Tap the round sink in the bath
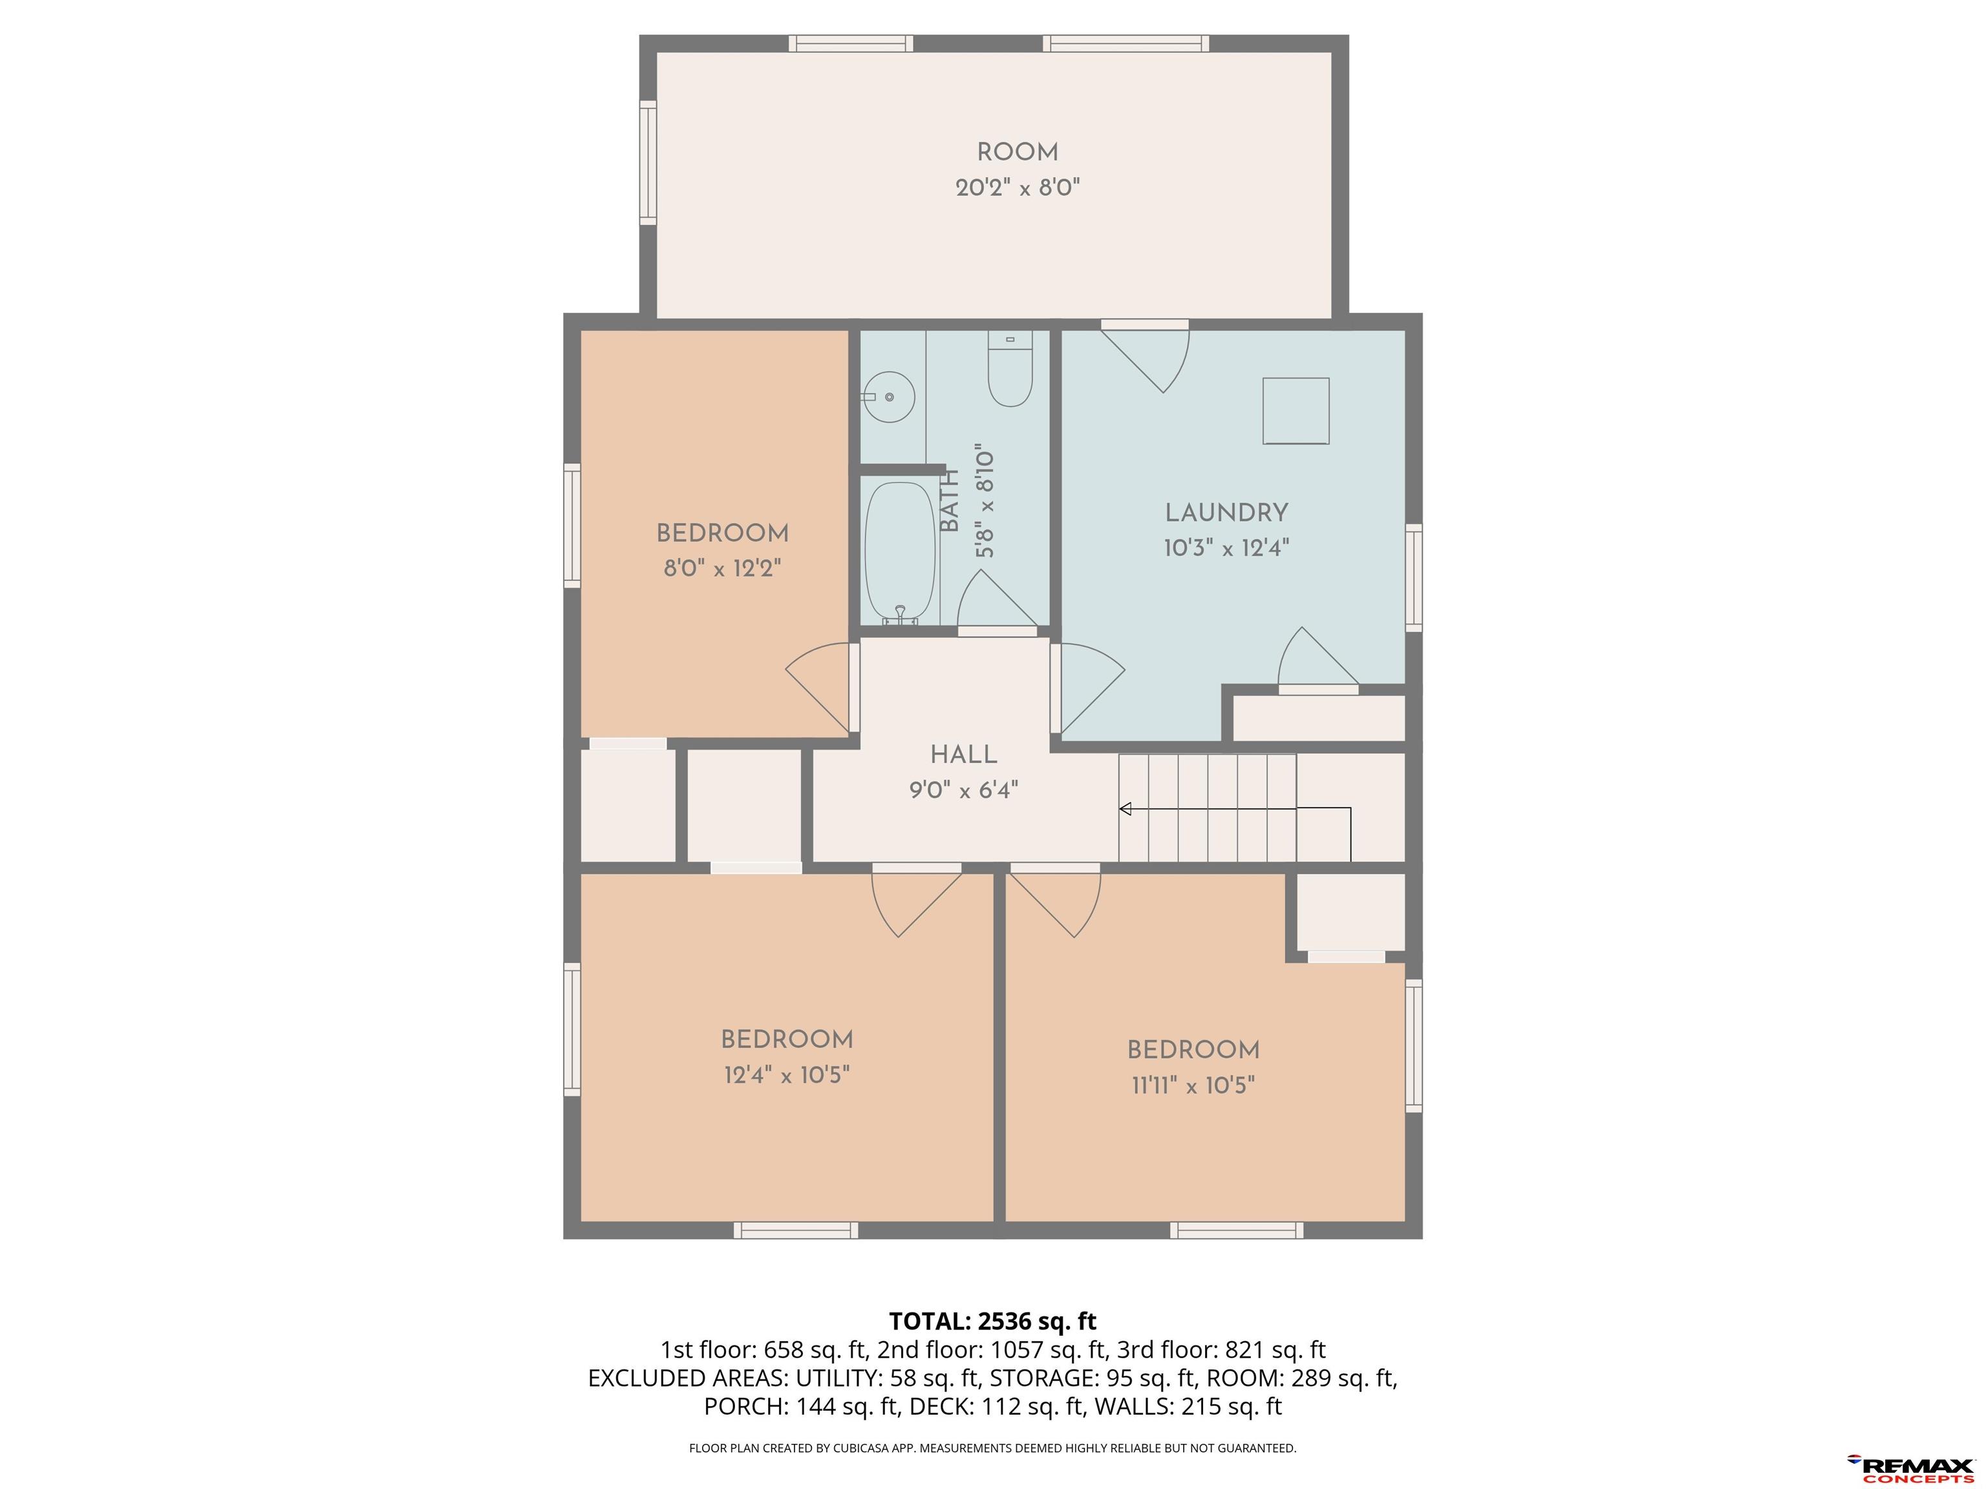point(888,397)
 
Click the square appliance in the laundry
point(1296,411)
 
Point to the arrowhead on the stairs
point(1124,810)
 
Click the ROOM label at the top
point(1017,153)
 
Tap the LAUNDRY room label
point(1226,513)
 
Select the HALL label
point(963,755)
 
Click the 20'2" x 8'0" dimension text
point(1017,189)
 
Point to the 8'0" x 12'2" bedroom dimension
point(723,569)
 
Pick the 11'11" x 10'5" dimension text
point(1193,1086)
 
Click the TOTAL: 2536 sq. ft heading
point(993,1321)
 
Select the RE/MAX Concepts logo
point(1910,1469)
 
